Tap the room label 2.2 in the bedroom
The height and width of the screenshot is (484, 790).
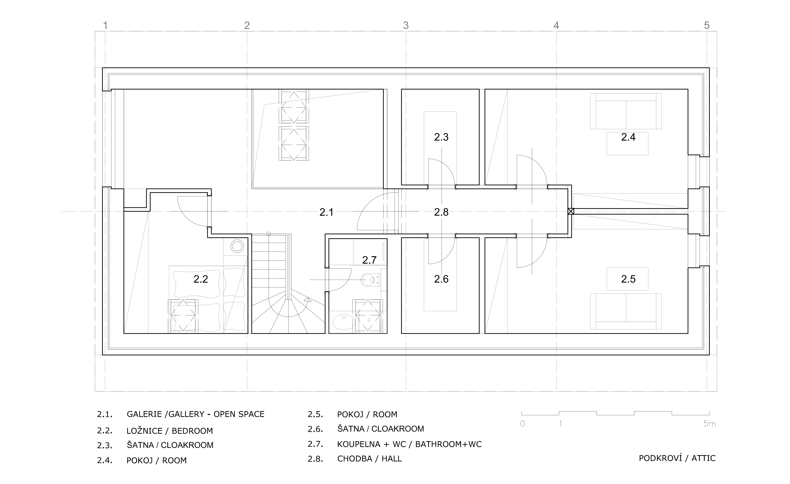coord(201,279)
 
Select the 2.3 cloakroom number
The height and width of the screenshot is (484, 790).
coord(441,137)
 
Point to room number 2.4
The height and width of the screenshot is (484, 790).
coord(628,137)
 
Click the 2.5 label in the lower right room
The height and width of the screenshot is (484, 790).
coord(628,279)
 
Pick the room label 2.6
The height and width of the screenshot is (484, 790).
coord(441,279)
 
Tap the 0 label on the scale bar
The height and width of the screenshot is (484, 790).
coord(523,424)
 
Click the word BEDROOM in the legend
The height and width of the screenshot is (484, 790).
coord(192,431)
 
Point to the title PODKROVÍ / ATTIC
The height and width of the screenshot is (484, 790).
coord(677,458)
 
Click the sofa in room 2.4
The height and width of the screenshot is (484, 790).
coord(626,111)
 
